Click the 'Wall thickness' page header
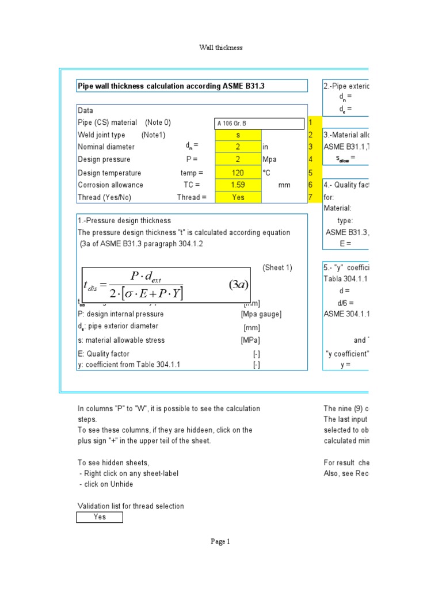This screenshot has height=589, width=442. pos(220,48)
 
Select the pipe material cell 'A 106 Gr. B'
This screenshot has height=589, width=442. pos(259,123)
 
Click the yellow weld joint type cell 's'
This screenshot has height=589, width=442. pos(238,135)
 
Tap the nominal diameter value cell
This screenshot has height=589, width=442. pos(238,147)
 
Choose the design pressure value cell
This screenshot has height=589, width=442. pos(238,159)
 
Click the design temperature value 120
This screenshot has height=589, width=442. pos(238,173)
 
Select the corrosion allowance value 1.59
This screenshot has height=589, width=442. pos(238,185)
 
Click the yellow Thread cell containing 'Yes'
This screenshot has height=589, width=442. pos(238,197)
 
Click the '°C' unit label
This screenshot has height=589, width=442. pos(266,173)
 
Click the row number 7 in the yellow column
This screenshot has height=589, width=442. pos(311,197)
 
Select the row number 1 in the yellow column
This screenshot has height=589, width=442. pos(311,123)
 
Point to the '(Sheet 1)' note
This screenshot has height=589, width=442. pos(277,267)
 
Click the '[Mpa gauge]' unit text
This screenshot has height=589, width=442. pos(261,314)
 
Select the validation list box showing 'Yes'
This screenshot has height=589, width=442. pos(100,517)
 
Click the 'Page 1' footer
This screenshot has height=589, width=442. pos(220,541)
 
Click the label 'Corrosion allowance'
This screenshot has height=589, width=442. pos(110,185)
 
